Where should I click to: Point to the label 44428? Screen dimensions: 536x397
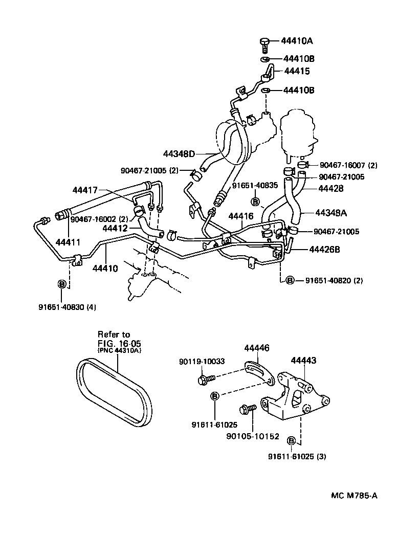point(330,188)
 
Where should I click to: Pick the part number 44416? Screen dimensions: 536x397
point(241,216)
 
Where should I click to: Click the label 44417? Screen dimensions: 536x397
point(85,190)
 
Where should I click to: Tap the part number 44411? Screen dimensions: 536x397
point(67,241)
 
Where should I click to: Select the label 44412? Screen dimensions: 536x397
point(116,228)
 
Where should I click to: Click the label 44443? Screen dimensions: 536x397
point(303,361)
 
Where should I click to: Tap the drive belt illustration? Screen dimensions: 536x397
point(116,392)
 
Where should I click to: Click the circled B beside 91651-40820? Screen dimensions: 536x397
point(289,280)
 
